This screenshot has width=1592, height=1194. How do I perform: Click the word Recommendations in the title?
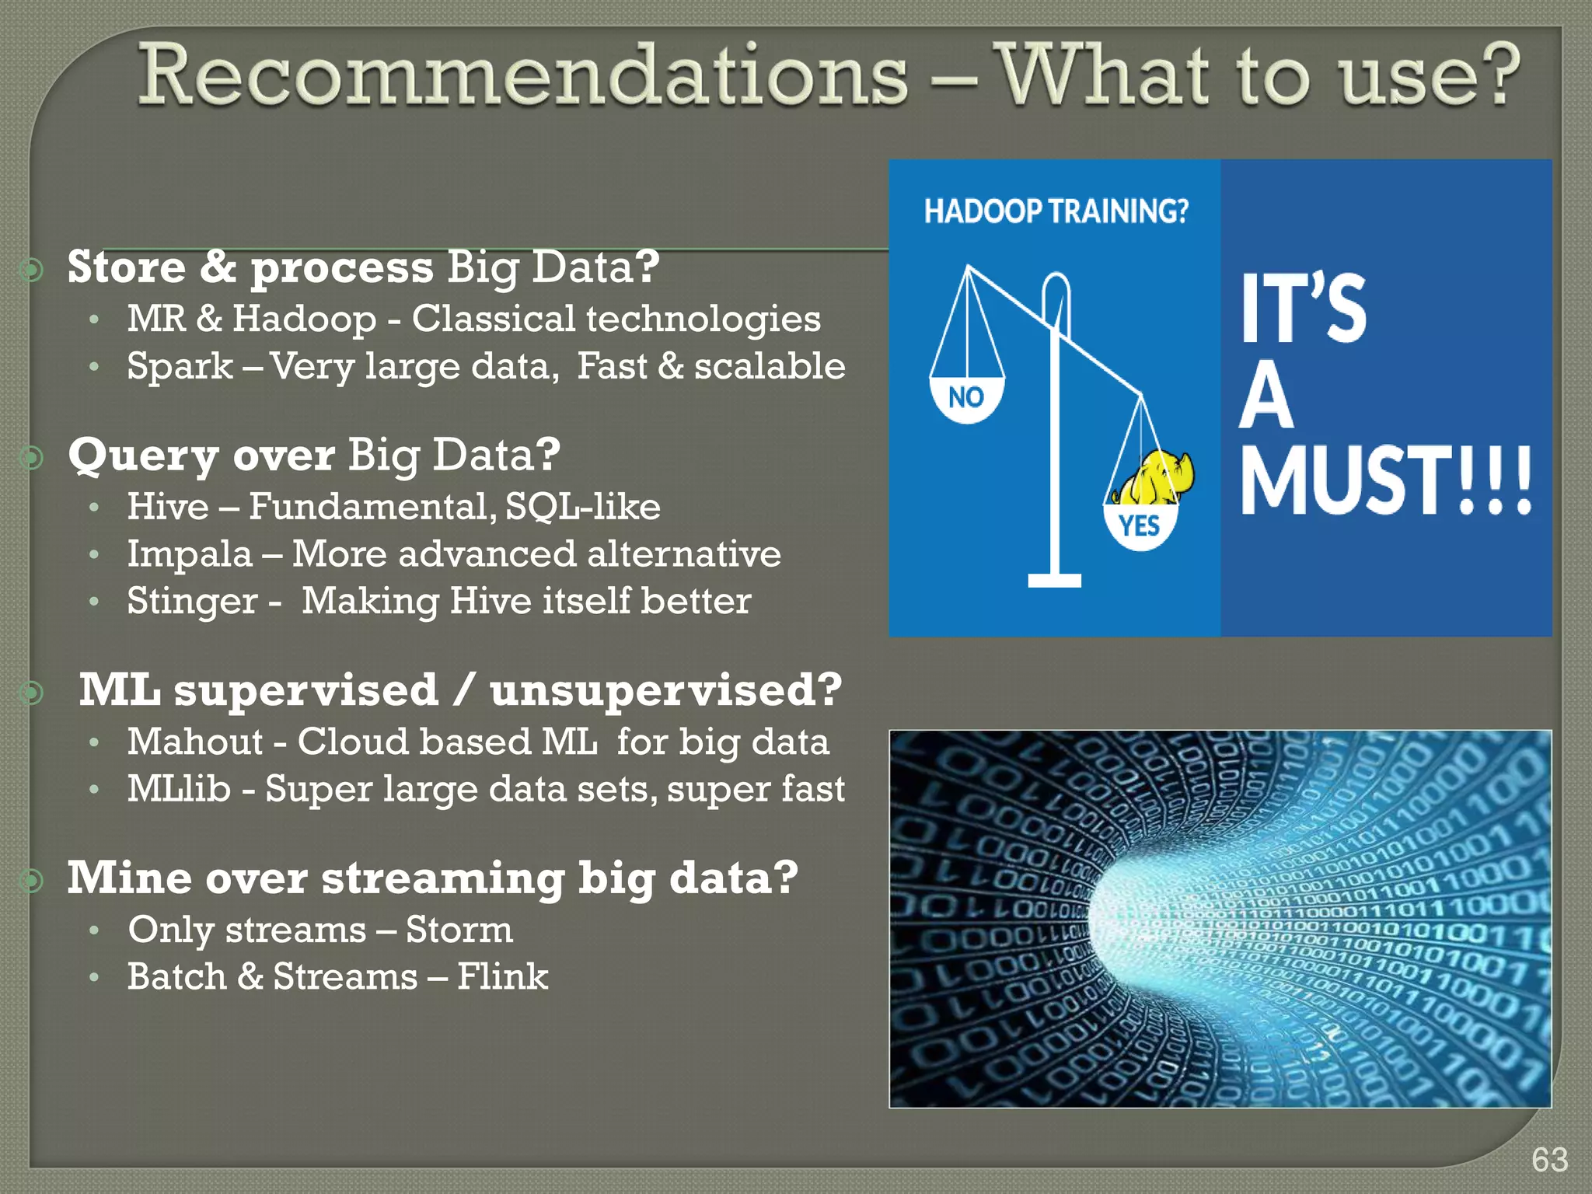pos(522,76)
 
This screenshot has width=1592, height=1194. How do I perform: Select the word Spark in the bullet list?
pos(180,366)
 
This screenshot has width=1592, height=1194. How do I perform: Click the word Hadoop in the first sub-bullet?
pos(304,319)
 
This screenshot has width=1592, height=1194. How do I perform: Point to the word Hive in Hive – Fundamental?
pos(168,507)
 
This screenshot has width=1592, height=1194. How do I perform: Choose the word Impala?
pos(190,554)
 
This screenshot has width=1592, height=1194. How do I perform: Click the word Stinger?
pos(192,602)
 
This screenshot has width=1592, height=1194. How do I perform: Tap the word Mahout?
pos(195,742)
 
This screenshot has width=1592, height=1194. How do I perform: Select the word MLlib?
pos(179,789)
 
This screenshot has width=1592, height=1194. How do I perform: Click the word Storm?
pos(459,930)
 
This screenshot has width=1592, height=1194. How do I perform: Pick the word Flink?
pos(502,976)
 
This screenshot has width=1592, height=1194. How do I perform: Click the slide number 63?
pos(1549,1160)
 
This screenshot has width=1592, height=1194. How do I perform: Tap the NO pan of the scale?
pos(966,398)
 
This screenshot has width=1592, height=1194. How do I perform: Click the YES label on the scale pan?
pos(1140,527)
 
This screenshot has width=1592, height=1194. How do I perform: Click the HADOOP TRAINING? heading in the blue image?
pos(1056,211)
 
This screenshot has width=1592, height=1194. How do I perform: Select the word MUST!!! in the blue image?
pos(1384,481)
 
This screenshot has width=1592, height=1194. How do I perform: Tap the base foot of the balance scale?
pos(1054,580)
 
